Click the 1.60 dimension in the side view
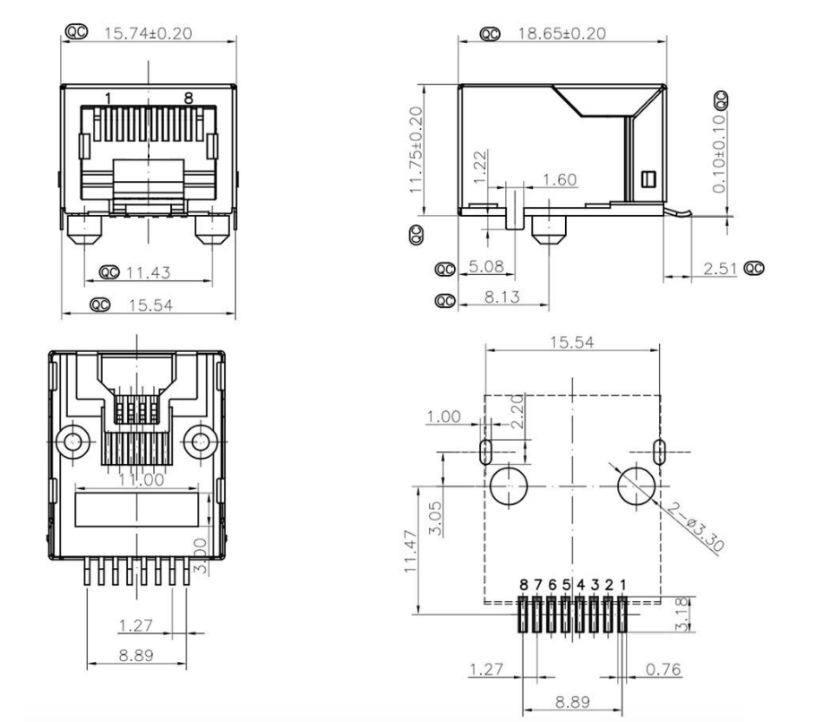560,180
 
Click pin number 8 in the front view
189,97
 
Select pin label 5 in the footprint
567,584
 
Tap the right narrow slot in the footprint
659,451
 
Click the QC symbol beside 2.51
754,268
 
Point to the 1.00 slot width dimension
442,418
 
